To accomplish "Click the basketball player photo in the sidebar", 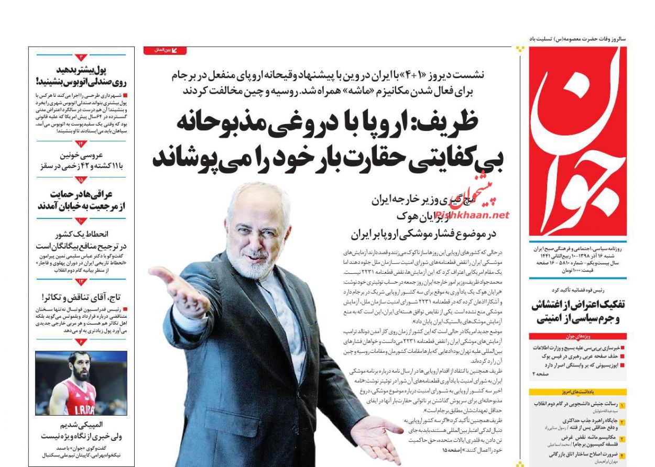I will click(81, 383).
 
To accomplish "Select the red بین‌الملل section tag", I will click(165, 50).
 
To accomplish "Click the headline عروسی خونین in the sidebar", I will click(82, 155).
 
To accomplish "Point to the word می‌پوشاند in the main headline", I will click(201, 157).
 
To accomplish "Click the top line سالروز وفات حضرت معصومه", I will click(577, 39).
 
